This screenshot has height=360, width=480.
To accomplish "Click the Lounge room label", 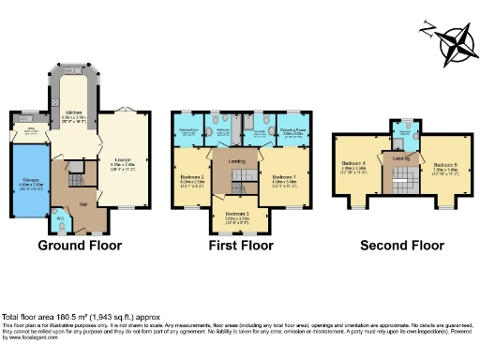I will coord(124,159).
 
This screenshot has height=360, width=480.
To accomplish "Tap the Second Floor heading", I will coord(401,246).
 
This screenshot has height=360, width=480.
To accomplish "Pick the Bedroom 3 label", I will coord(238,214).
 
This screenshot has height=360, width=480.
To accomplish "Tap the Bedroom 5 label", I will coord(444,161).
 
